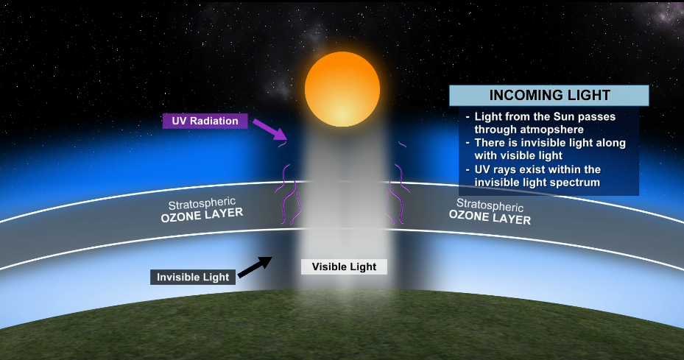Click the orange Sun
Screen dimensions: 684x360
click(x=342, y=89)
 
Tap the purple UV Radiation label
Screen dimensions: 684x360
click(x=205, y=121)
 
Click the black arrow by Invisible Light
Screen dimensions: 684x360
click(x=255, y=267)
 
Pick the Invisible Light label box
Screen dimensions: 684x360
click(x=193, y=277)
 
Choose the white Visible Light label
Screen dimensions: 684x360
click(x=344, y=267)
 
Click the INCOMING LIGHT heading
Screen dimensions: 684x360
click(x=549, y=95)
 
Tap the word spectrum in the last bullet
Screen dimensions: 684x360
click(x=577, y=183)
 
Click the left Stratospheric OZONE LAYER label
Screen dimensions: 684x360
click(x=202, y=210)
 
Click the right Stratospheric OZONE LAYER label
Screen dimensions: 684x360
click(x=490, y=211)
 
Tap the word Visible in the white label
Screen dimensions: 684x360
click(x=329, y=267)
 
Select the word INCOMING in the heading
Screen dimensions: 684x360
click(x=526, y=95)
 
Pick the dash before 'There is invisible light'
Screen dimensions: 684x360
click(x=468, y=143)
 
